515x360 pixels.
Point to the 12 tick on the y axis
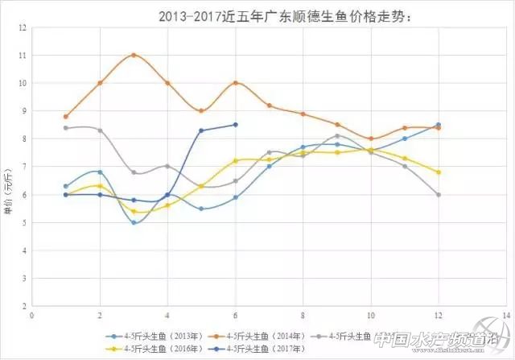point(22,27)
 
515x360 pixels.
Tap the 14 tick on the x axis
point(505,315)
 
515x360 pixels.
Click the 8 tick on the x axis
point(303,315)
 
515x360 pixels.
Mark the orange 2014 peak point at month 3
point(133,55)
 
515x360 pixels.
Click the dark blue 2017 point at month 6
point(235,124)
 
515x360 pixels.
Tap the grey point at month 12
point(438,195)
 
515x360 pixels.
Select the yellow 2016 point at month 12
point(438,172)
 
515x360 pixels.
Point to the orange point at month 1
point(65,116)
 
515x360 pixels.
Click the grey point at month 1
point(65,128)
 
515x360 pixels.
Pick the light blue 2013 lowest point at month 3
point(133,222)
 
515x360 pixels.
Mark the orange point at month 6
point(235,83)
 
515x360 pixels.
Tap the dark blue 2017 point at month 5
point(201,130)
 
